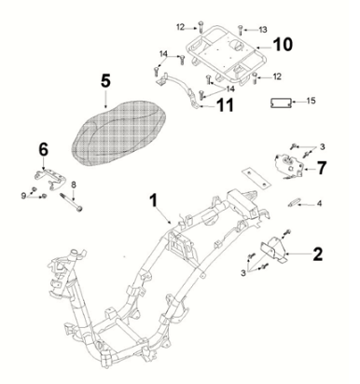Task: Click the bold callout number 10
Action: click(x=283, y=45)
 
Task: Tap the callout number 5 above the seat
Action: click(x=105, y=81)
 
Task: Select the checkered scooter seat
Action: click(x=118, y=132)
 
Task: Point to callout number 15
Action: click(x=311, y=101)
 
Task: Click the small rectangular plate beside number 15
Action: click(x=281, y=103)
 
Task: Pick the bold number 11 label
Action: click(x=225, y=105)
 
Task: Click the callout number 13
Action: click(x=263, y=30)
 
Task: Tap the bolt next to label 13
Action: click(x=240, y=30)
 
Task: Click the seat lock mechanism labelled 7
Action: click(x=289, y=165)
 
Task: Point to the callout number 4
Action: click(x=319, y=204)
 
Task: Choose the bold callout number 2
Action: click(x=317, y=254)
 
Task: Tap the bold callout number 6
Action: click(x=44, y=149)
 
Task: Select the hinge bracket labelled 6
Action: click(x=49, y=179)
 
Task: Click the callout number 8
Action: click(x=74, y=185)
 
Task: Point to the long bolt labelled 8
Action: click(x=71, y=202)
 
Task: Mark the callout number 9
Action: click(x=23, y=196)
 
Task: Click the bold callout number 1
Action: click(x=154, y=200)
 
